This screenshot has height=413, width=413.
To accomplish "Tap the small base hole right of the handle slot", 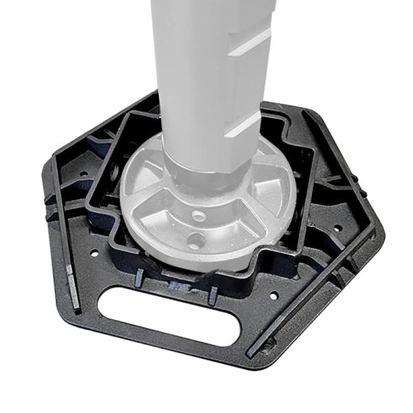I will pos(274,296).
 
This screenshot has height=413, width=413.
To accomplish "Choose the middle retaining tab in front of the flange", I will pos(176,284).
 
